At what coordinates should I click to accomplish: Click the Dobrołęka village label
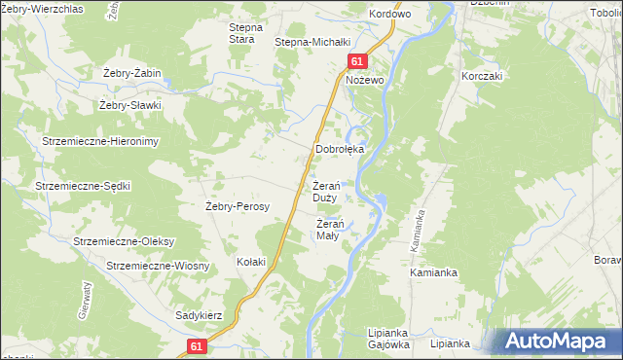pos(340,150)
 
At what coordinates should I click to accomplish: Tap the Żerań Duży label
pos(325,192)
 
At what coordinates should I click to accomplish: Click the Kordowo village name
pos(389,15)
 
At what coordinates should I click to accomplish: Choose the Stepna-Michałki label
pos(312,42)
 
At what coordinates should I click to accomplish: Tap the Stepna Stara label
pos(241,33)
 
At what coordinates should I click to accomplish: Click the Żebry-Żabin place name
pos(131,73)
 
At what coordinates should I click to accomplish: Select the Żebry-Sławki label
pos(129,105)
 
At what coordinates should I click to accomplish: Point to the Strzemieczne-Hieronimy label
pos(99,141)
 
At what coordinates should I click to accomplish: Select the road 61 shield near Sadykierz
pos(198,346)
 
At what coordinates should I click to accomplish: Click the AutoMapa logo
pos(557,342)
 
